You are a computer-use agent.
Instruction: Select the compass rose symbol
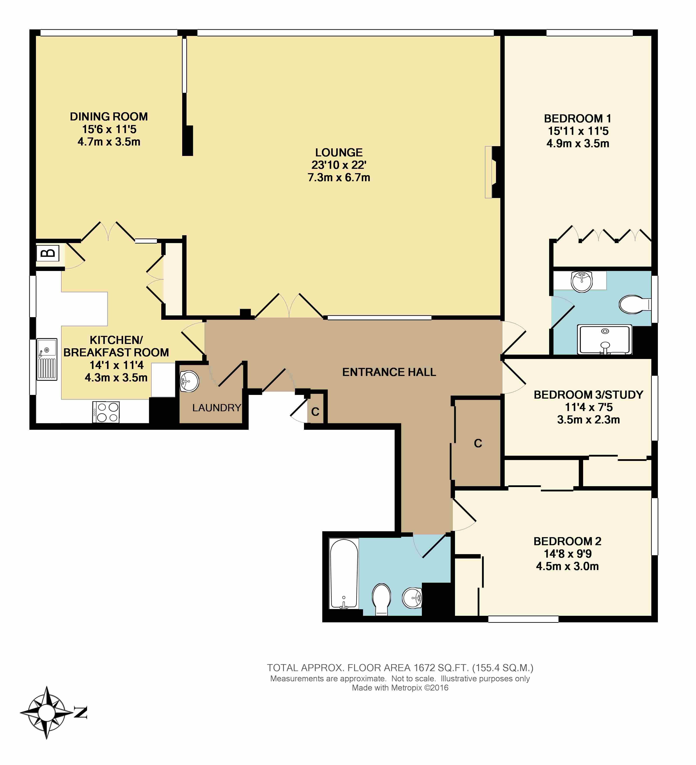(x=46, y=713)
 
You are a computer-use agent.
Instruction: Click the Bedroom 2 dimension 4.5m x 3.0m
(x=567, y=566)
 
